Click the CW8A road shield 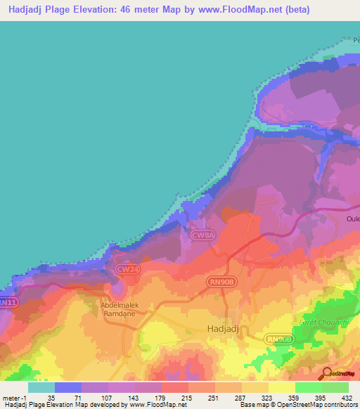point(202,235)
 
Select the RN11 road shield point(8,302)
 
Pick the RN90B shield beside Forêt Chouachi point(278,339)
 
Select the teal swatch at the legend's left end point(41,387)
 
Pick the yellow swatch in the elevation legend point(282,387)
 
